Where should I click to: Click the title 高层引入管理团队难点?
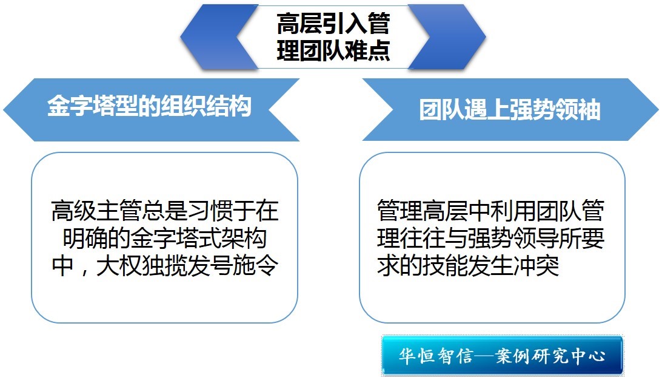point(333,37)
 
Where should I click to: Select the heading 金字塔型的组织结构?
point(149,106)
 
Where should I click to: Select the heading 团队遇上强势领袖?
point(510,109)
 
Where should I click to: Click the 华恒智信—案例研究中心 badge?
point(502,355)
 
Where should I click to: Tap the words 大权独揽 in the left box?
point(141,267)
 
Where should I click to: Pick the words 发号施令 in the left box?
point(233,267)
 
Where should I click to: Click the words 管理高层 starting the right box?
point(422,211)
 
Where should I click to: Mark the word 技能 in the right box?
point(445,267)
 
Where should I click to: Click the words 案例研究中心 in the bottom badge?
point(551,356)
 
